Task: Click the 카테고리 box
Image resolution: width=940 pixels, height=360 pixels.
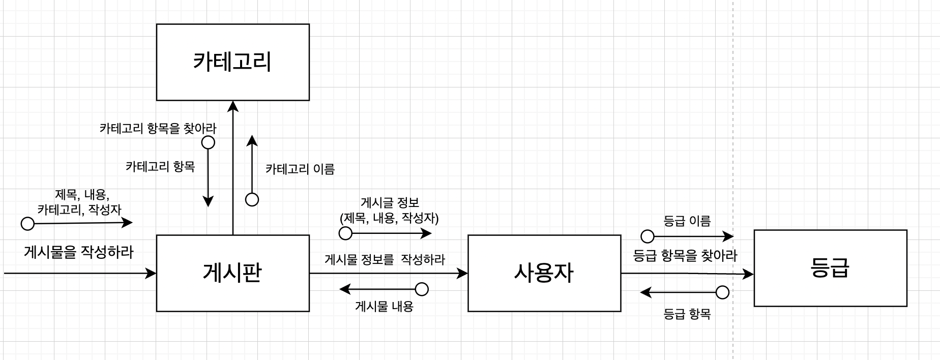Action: point(232,62)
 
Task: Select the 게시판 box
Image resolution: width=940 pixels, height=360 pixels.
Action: point(232,273)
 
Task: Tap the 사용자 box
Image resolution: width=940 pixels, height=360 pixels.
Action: point(544,273)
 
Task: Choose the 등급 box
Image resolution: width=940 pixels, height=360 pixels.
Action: point(830,268)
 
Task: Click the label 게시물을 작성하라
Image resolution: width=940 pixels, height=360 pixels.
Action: point(79,252)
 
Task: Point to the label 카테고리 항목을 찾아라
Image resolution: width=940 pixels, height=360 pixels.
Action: point(158,128)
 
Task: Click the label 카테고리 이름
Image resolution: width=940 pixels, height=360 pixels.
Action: point(300,169)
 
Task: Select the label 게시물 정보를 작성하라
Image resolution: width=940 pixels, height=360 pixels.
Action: point(385,259)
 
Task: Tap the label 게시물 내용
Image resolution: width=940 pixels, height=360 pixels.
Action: point(384,307)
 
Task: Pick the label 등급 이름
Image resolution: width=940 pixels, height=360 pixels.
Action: point(687,221)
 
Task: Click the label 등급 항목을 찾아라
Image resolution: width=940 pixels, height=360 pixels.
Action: point(685,255)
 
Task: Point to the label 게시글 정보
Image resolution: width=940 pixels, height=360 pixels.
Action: point(390,203)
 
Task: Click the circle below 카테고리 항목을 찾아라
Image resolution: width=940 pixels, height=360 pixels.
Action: point(208,142)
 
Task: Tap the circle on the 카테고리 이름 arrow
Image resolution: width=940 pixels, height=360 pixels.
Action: point(252,200)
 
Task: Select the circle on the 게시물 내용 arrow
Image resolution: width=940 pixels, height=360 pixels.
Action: point(422,289)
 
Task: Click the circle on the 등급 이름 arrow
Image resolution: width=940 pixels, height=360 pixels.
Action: point(647,236)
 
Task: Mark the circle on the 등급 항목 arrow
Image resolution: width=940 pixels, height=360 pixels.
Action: point(722,292)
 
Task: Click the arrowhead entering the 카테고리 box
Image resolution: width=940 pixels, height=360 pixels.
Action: point(233,105)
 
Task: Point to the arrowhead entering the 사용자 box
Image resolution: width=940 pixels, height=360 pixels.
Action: point(463,274)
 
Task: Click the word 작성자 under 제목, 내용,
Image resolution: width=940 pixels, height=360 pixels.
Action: point(105,209)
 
